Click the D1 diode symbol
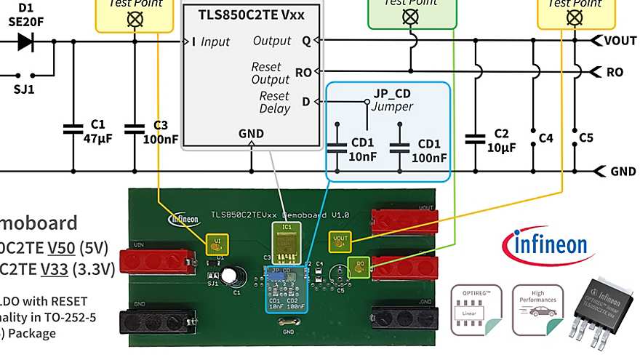[25, 41]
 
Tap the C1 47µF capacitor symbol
[73, 129]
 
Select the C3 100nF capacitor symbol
[135, 129]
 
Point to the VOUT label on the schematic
[620, 41]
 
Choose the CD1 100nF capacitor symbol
[399, 147]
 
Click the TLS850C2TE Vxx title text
[252, 13]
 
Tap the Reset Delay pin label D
[305, 101]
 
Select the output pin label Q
[306, 41]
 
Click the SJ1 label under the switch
[25, 90]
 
